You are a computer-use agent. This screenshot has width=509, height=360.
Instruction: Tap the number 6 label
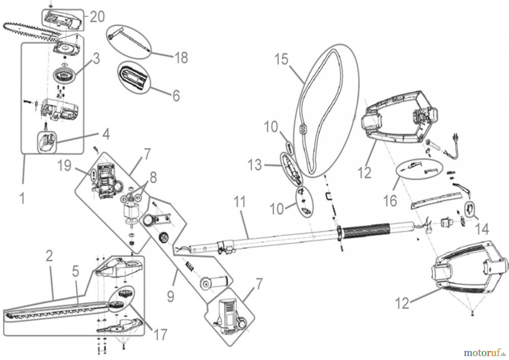coord(176,96)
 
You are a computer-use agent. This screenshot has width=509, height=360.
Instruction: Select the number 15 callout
coord(281,60)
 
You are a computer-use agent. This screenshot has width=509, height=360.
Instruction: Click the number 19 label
coord(64,166)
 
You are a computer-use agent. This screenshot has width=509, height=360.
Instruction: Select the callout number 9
coord(171,297)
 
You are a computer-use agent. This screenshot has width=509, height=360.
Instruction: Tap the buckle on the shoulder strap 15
coord(303,129)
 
